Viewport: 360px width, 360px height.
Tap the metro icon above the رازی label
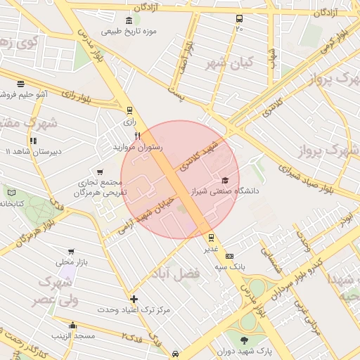pos(129,110)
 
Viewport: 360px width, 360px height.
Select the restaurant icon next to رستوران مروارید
pos(138,136)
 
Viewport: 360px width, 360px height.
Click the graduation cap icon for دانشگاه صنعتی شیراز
pos(225,180)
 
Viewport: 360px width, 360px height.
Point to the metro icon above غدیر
pos(211,238)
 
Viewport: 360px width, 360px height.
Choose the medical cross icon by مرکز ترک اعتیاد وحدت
pos(134,299)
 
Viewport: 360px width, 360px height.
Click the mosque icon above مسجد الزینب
pos(72,325)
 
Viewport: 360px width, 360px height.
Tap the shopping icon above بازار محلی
pos(70,251)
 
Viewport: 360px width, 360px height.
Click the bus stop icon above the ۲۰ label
pos(240,19)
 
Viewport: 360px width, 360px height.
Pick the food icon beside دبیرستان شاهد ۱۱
pos(34,140)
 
